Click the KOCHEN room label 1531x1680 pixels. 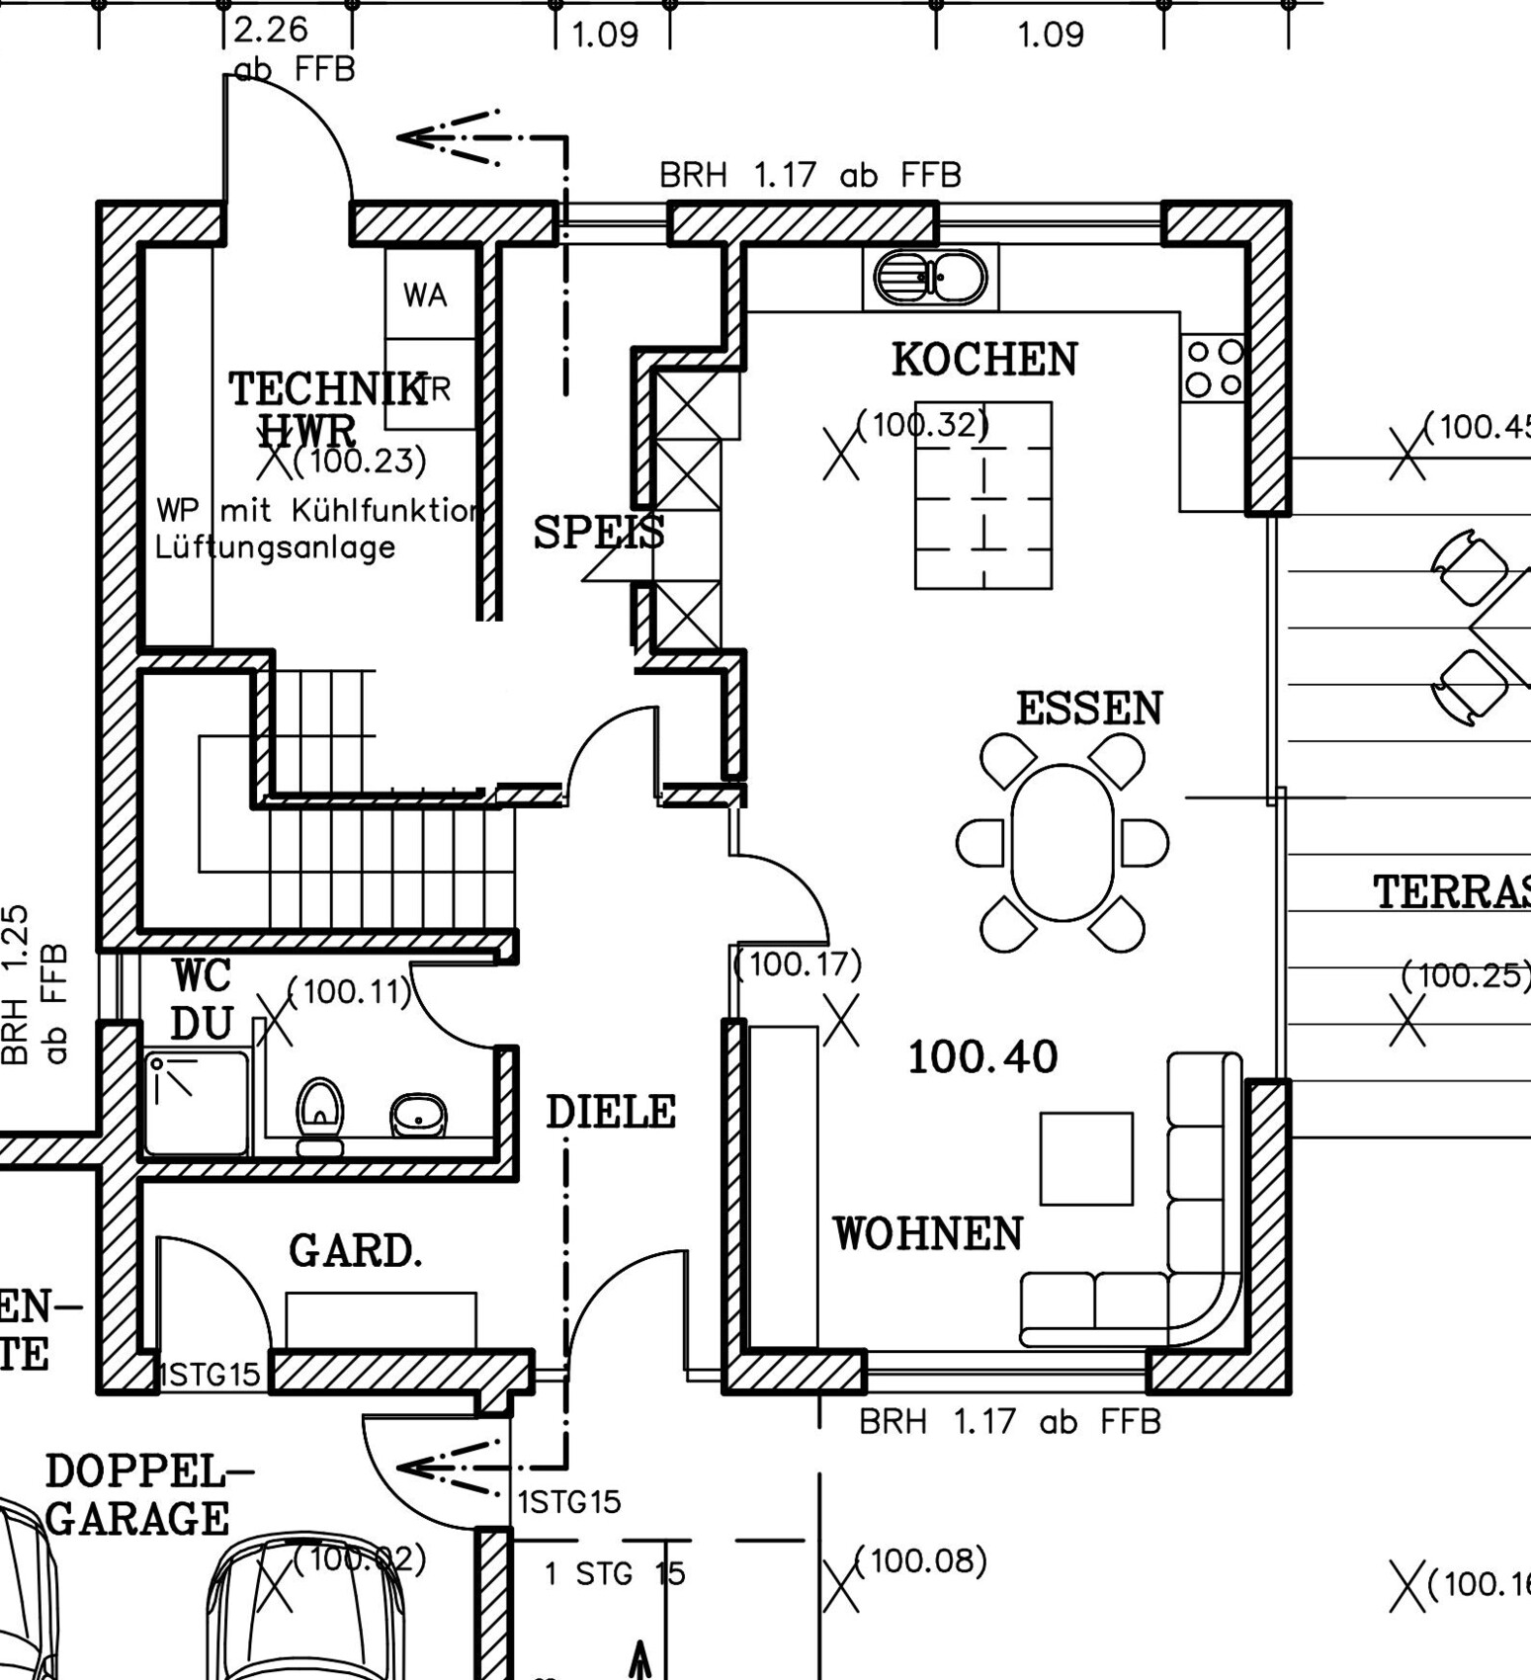point(984,360)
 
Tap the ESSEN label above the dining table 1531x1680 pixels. point(1089,710)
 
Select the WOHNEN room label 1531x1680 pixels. point(927,1234)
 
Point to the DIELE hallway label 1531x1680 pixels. point(611,1113)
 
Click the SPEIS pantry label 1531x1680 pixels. point(599,534)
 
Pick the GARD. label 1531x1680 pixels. point(356,1252)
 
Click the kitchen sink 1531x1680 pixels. point(930,278)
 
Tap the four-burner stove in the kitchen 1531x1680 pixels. point(1213,368)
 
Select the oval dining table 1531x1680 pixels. point(1063,842)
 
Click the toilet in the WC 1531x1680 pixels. point(320,1114)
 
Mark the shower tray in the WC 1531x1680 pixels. point(197,1103)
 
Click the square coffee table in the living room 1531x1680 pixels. point(1086,1158)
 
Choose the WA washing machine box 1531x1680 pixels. point(425,295)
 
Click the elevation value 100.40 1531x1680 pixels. point(982,1057)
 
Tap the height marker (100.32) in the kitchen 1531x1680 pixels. point(921,425)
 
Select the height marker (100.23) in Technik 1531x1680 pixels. point(360,461)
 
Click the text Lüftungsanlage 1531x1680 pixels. point(275,547)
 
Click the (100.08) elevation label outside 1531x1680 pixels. point(920,1561)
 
